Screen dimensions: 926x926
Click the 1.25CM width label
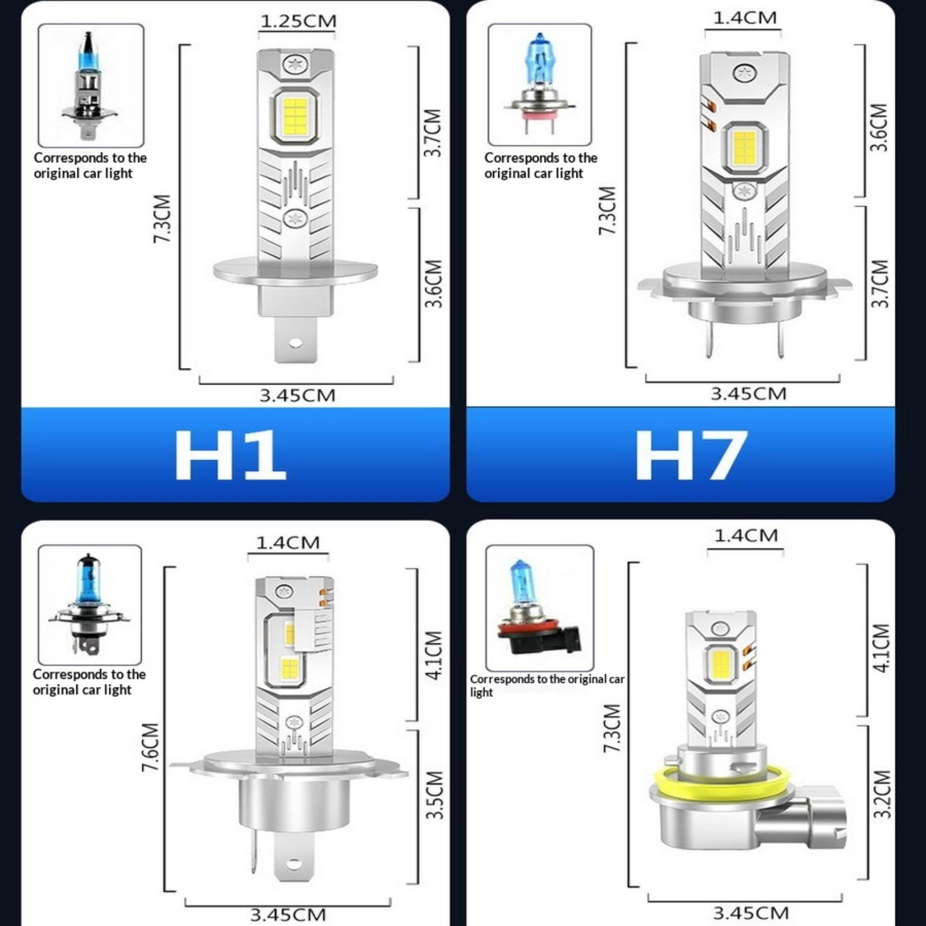click(x=298, y=21)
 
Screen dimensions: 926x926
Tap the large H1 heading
click(x=230, y=455)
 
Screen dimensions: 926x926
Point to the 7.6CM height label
click(x=150, y=747)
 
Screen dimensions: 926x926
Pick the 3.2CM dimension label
click(x=881, y=793)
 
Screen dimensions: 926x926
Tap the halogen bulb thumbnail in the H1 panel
click(x=90, y=86)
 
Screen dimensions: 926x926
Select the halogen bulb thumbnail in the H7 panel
click(x=539, y=84)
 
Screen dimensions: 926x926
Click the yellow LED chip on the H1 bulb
click(x=295, y=117)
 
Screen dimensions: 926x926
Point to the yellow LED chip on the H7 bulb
click(x=744, y=148)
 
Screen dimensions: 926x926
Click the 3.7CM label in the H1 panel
click(x=433, y=133)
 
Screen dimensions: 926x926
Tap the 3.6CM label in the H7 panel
click(x=879, y=127)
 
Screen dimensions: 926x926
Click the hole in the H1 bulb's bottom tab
click(x=295, y=343)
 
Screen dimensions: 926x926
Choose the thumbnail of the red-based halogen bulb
click(x=539, y=608)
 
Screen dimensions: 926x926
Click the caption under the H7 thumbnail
click(x=541, y=165)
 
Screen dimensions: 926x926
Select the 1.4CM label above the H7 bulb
click(x=744, y=17)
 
